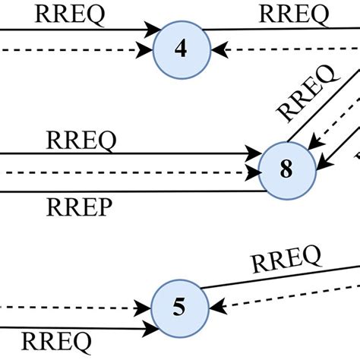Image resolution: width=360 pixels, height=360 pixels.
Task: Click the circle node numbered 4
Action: (x=181, y=49)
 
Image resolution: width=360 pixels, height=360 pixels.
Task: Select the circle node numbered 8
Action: (x=286, y=169)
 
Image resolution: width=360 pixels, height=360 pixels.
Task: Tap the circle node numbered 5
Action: (x=179, y=308)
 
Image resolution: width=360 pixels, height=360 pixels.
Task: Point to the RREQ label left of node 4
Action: (x=70, y=13)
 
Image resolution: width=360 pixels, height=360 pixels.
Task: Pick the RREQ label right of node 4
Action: (x=294, y=13)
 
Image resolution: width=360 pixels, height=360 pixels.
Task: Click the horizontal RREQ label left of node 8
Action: (x=81, y=141)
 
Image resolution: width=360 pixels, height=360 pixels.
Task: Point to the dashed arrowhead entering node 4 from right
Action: (x=218, y=52)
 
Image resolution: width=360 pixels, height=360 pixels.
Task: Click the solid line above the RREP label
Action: (x=129, y=191)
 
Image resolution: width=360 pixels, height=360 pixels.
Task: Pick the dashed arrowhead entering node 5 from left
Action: (x=144, y=308)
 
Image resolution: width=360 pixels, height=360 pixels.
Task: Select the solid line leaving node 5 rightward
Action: (x=281, y=277)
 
